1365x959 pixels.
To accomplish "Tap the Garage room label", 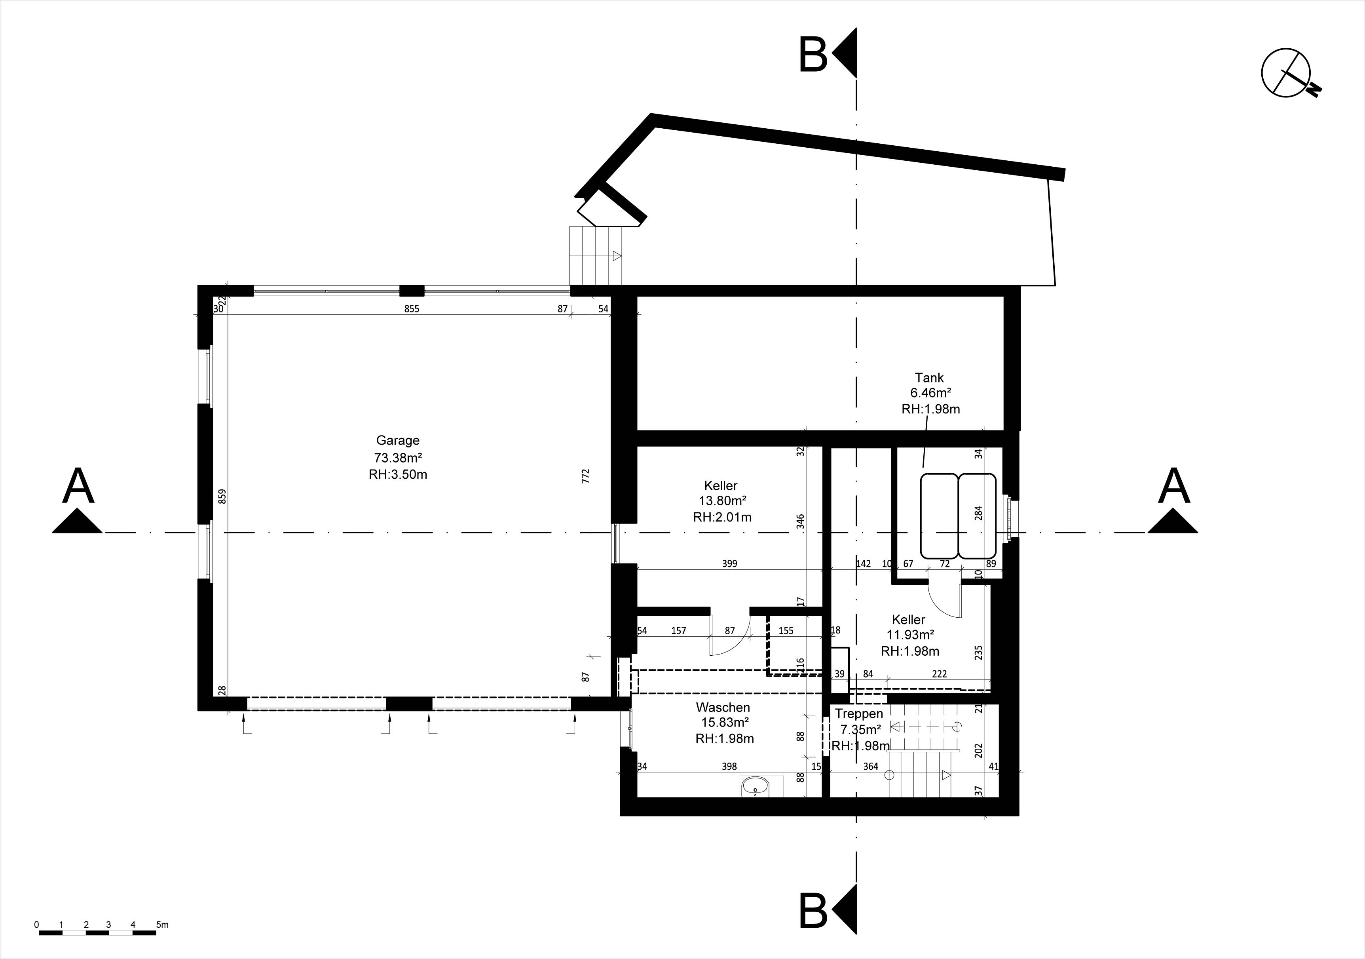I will (398, 440).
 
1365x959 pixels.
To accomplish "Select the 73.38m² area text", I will (398, 457).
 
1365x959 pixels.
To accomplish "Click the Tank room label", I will (929, 378).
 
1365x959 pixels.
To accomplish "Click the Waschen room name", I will (723, 707).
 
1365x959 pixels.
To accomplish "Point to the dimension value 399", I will (729, 563).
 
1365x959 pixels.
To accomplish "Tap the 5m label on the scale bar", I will (162, 925).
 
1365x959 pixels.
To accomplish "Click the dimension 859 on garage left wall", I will (222, 496).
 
